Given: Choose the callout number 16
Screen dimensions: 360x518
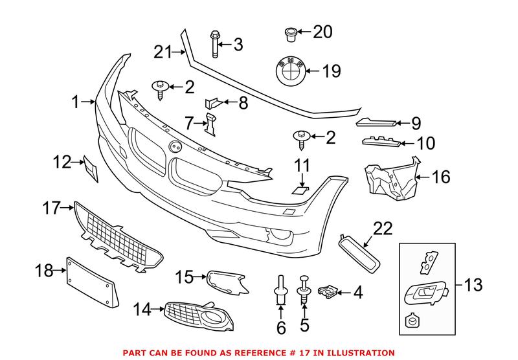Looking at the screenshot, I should (x=440, y=177).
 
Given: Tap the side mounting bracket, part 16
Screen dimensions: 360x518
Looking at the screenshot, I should (x=390, y=176).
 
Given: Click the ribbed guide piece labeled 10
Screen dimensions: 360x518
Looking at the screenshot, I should (x=379, y=142).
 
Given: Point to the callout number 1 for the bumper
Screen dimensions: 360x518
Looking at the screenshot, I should (x=76, y=102).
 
